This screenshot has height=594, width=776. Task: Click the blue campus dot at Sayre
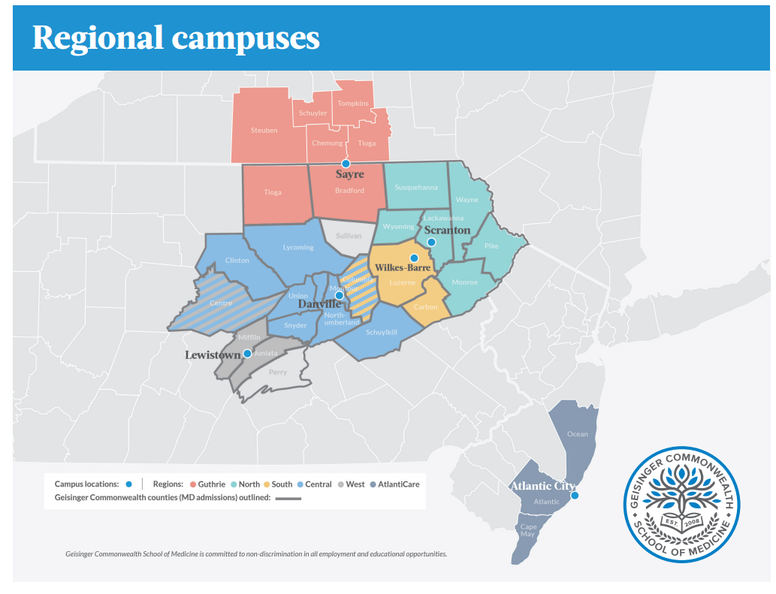click(346, 163)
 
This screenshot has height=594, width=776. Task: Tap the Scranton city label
click(447, 230)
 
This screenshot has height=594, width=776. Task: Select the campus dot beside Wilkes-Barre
click(414, 258)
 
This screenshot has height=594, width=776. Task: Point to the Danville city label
click(319, 303)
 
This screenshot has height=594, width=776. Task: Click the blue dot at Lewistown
click(247, 354)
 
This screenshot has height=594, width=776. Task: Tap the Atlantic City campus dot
click(575, 496)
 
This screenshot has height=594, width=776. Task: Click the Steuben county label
click(264, 130)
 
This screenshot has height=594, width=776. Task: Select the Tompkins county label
click(353, 103)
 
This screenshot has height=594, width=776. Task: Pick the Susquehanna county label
click(416, 186)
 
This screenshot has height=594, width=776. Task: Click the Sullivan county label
click(349, 235)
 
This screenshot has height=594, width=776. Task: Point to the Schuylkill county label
click(382, 332)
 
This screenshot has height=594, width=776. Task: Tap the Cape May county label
click(529, 529)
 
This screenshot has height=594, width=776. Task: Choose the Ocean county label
click(578, 434)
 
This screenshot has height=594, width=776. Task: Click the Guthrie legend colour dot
click(193, 484)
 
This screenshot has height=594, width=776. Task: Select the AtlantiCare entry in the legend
click(398, 484)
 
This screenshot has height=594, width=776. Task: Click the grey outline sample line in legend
click(288, 498)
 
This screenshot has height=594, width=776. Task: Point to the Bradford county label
click(349, 191)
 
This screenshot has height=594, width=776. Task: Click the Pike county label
click(491, 246)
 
